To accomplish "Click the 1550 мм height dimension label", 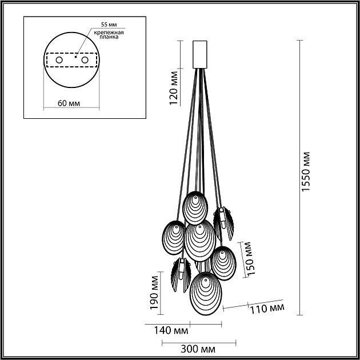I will tap(307, 172).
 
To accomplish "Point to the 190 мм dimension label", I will tap(153, 293).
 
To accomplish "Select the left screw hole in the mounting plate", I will tap(58, 59).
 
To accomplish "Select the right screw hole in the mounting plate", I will tap(85, 59).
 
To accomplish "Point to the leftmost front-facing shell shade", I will tap(173, 236).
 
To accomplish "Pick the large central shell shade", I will tap(200, 240).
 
